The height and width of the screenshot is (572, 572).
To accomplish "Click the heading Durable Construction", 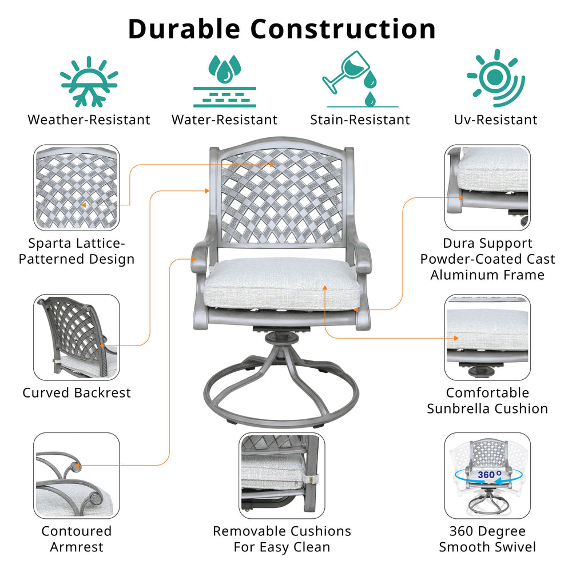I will coord(281,29).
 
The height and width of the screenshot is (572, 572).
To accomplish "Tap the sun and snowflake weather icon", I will coord(89,81).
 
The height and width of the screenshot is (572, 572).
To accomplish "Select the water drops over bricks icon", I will coord(224,81).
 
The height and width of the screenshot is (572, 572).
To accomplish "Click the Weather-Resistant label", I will coord(89,120).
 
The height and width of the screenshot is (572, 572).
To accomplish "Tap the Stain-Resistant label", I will coord(360,120).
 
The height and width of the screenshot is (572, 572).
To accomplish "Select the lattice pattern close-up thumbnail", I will coord(77,187).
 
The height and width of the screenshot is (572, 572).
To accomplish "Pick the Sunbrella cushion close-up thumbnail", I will coord(487,337).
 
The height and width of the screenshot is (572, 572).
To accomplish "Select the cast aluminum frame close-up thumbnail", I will coord(487,187).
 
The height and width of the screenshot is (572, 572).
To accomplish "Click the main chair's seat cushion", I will coord(282,283).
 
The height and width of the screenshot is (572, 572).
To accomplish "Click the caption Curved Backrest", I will coord(77,393).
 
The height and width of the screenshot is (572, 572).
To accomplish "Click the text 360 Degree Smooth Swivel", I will coord(487,539).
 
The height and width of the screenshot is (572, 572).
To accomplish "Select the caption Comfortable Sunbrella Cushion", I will coord(487,400).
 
